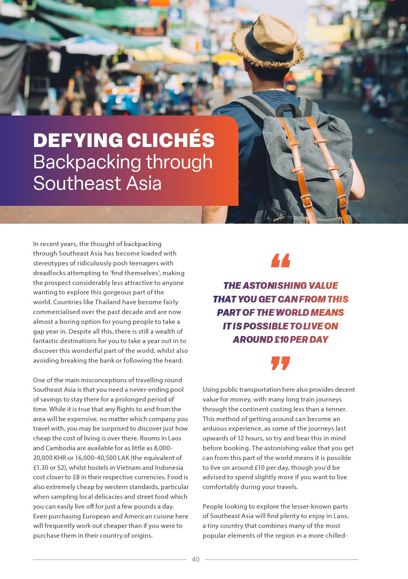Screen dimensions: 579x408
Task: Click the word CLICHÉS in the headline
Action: coord(170,140)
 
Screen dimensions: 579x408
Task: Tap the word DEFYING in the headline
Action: coord(78,140)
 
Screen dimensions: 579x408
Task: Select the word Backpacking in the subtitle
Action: coord(87,162)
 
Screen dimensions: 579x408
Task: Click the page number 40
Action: coord(196,559)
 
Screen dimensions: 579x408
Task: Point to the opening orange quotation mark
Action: coord(281,261)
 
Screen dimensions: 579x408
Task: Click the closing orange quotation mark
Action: coord(281,363)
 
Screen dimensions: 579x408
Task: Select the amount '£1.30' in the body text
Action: coord(41,467)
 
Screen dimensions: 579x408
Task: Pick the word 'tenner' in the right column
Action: coord(336,409)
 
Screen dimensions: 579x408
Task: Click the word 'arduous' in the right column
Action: coord(214,428)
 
